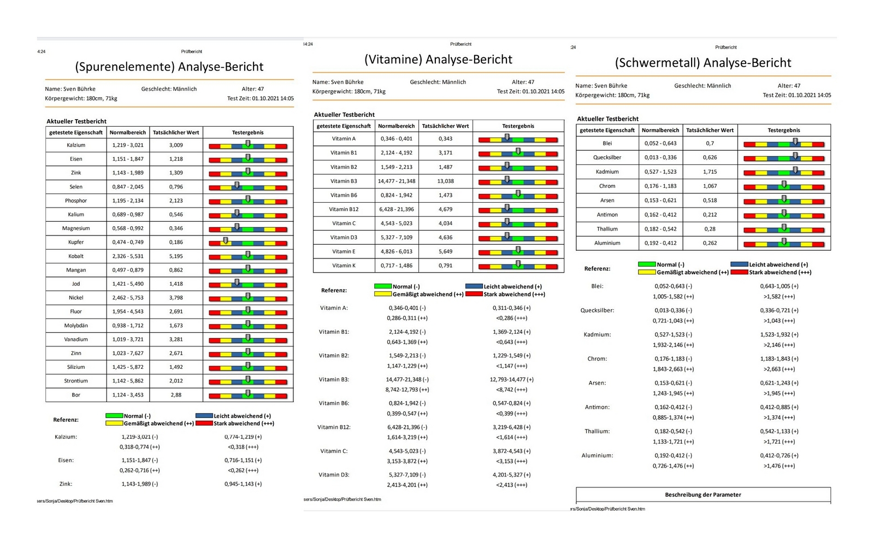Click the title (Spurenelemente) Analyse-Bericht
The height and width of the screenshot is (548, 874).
(169, 67)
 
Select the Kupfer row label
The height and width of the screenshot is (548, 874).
(76, 242)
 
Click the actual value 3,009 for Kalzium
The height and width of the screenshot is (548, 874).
(176, 145)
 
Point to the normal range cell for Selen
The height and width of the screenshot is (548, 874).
(128, 186)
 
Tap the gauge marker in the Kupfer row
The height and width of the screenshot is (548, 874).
(226, 240)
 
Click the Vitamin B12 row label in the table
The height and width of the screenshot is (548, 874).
(344, 209)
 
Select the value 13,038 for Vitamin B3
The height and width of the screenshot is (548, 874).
(445, 181)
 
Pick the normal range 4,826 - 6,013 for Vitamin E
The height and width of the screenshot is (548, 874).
(397, 251)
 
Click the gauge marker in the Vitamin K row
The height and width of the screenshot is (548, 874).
(518, 264)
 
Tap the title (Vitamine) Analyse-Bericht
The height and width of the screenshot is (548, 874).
(438, 60)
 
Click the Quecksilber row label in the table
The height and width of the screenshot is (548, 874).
(607, 157)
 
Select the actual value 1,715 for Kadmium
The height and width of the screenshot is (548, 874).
(710, 172)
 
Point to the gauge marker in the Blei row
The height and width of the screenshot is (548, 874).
(795, 142)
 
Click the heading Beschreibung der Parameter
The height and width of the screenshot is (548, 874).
(702, 494)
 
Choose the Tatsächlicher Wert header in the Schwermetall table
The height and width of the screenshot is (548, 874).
(710, 131)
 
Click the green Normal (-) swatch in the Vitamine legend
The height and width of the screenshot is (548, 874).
(382, 286)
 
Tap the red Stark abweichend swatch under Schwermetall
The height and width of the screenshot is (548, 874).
(739, 272)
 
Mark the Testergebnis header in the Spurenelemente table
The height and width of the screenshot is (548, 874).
(248, 133)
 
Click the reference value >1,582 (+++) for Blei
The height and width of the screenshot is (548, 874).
(779, 297)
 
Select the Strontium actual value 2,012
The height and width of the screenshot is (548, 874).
(176, 381)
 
